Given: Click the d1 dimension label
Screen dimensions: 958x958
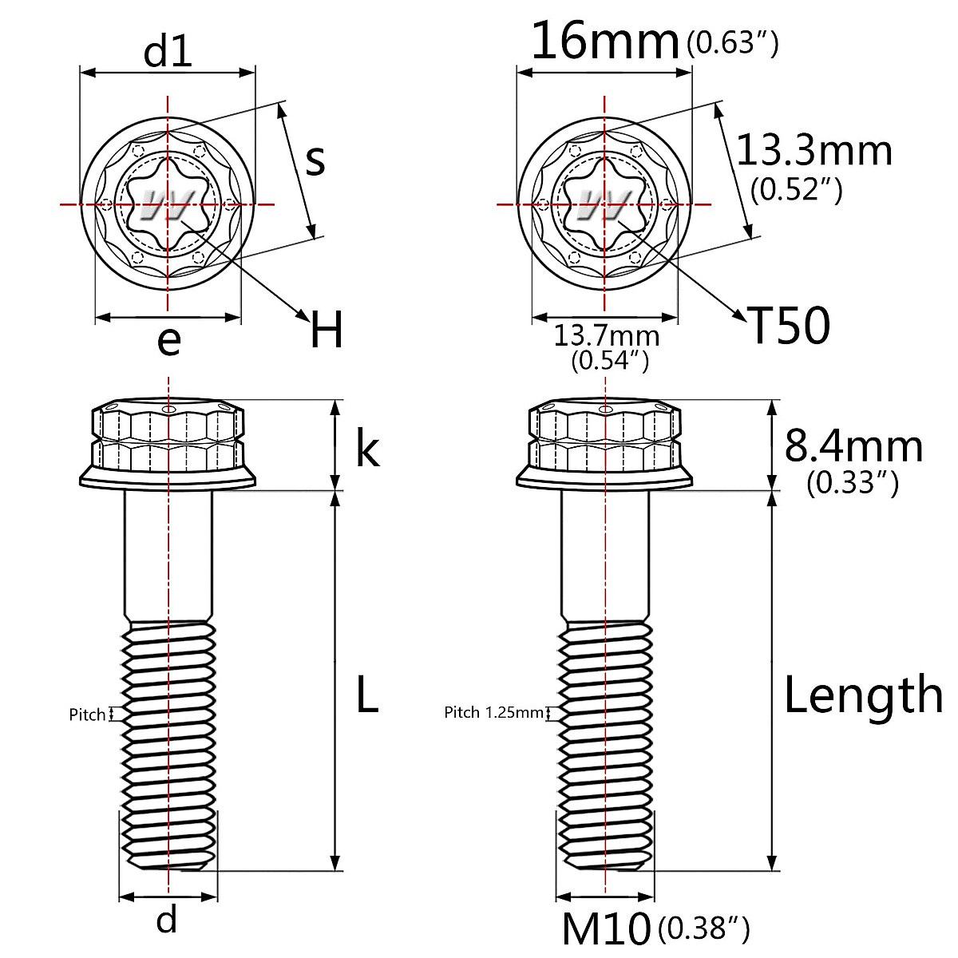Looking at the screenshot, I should [168, 52].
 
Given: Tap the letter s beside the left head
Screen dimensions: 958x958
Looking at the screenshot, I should [316, 160].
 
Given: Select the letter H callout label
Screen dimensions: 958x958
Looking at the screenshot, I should [327, 331].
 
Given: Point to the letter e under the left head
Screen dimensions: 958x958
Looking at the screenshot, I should [168, 342].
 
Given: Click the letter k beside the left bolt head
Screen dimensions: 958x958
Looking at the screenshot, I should [366, 449].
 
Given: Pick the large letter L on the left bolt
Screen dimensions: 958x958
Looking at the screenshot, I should [366, 694].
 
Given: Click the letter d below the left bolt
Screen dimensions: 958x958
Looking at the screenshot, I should [166, 920].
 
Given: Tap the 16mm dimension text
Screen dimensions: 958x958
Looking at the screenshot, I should [604, 42].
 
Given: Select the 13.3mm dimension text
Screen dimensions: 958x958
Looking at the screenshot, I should [814, 150].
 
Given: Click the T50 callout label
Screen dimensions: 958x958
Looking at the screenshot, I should [789, 326].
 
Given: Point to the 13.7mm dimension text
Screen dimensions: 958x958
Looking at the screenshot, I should [607, 335].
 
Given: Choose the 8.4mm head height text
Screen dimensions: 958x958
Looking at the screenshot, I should [853, 445].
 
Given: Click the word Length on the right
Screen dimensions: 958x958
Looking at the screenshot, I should [863, 694].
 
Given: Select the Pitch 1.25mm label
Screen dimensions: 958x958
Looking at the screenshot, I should [493, 712].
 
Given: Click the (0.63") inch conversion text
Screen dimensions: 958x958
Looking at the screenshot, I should [732, 43].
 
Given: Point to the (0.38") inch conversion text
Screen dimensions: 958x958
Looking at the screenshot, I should [703, 928].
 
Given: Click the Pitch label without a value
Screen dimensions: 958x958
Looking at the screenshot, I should [87, 715].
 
